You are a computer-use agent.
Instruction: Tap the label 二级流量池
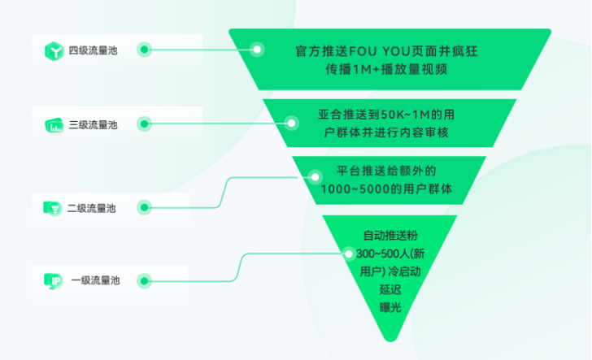[x=92, y=208]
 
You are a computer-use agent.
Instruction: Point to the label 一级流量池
[x=95, y=281]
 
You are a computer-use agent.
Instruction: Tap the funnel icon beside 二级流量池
[x=53, y=208]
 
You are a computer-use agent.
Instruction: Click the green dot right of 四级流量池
[x=144, y=50]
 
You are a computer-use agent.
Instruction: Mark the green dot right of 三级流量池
[x=144, y=124]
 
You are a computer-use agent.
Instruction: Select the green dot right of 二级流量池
[x=144, y=207]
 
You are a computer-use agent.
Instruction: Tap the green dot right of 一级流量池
[x=144, y=281]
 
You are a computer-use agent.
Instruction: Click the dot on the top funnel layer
[x=258, y=50]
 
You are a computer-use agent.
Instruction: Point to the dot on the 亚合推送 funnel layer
[x=291, y=123]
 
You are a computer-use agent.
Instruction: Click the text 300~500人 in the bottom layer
[x=381, y=254]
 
